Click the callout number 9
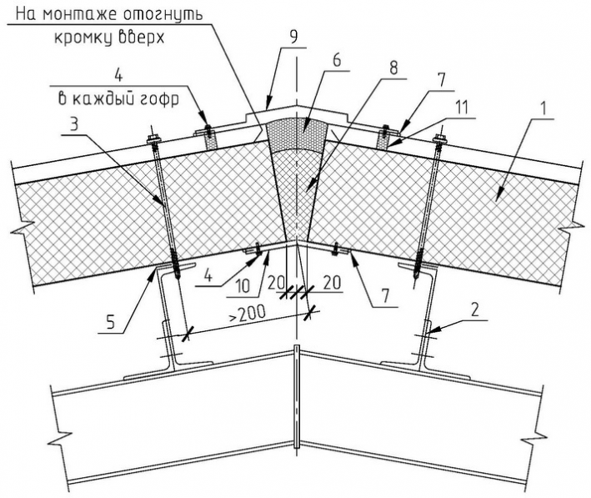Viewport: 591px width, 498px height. [x=293, y=37]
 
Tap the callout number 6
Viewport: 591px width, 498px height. [x=336, y=60]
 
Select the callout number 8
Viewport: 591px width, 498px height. [x=393, y=68]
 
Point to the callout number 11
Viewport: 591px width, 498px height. [x=461, y=108]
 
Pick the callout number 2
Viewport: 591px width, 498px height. [x=475, y=309]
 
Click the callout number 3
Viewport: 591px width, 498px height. [x=74, y=124]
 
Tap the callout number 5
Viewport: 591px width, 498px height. [x=110, y=323]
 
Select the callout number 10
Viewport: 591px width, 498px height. [x=243, y=286]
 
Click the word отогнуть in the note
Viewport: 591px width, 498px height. [x=163, y=16]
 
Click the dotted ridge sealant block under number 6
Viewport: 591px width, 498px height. [x=295, y=134]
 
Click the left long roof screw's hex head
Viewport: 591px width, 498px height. [x=153, y=139]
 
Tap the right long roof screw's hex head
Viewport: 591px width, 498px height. [x=440, y=138]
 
